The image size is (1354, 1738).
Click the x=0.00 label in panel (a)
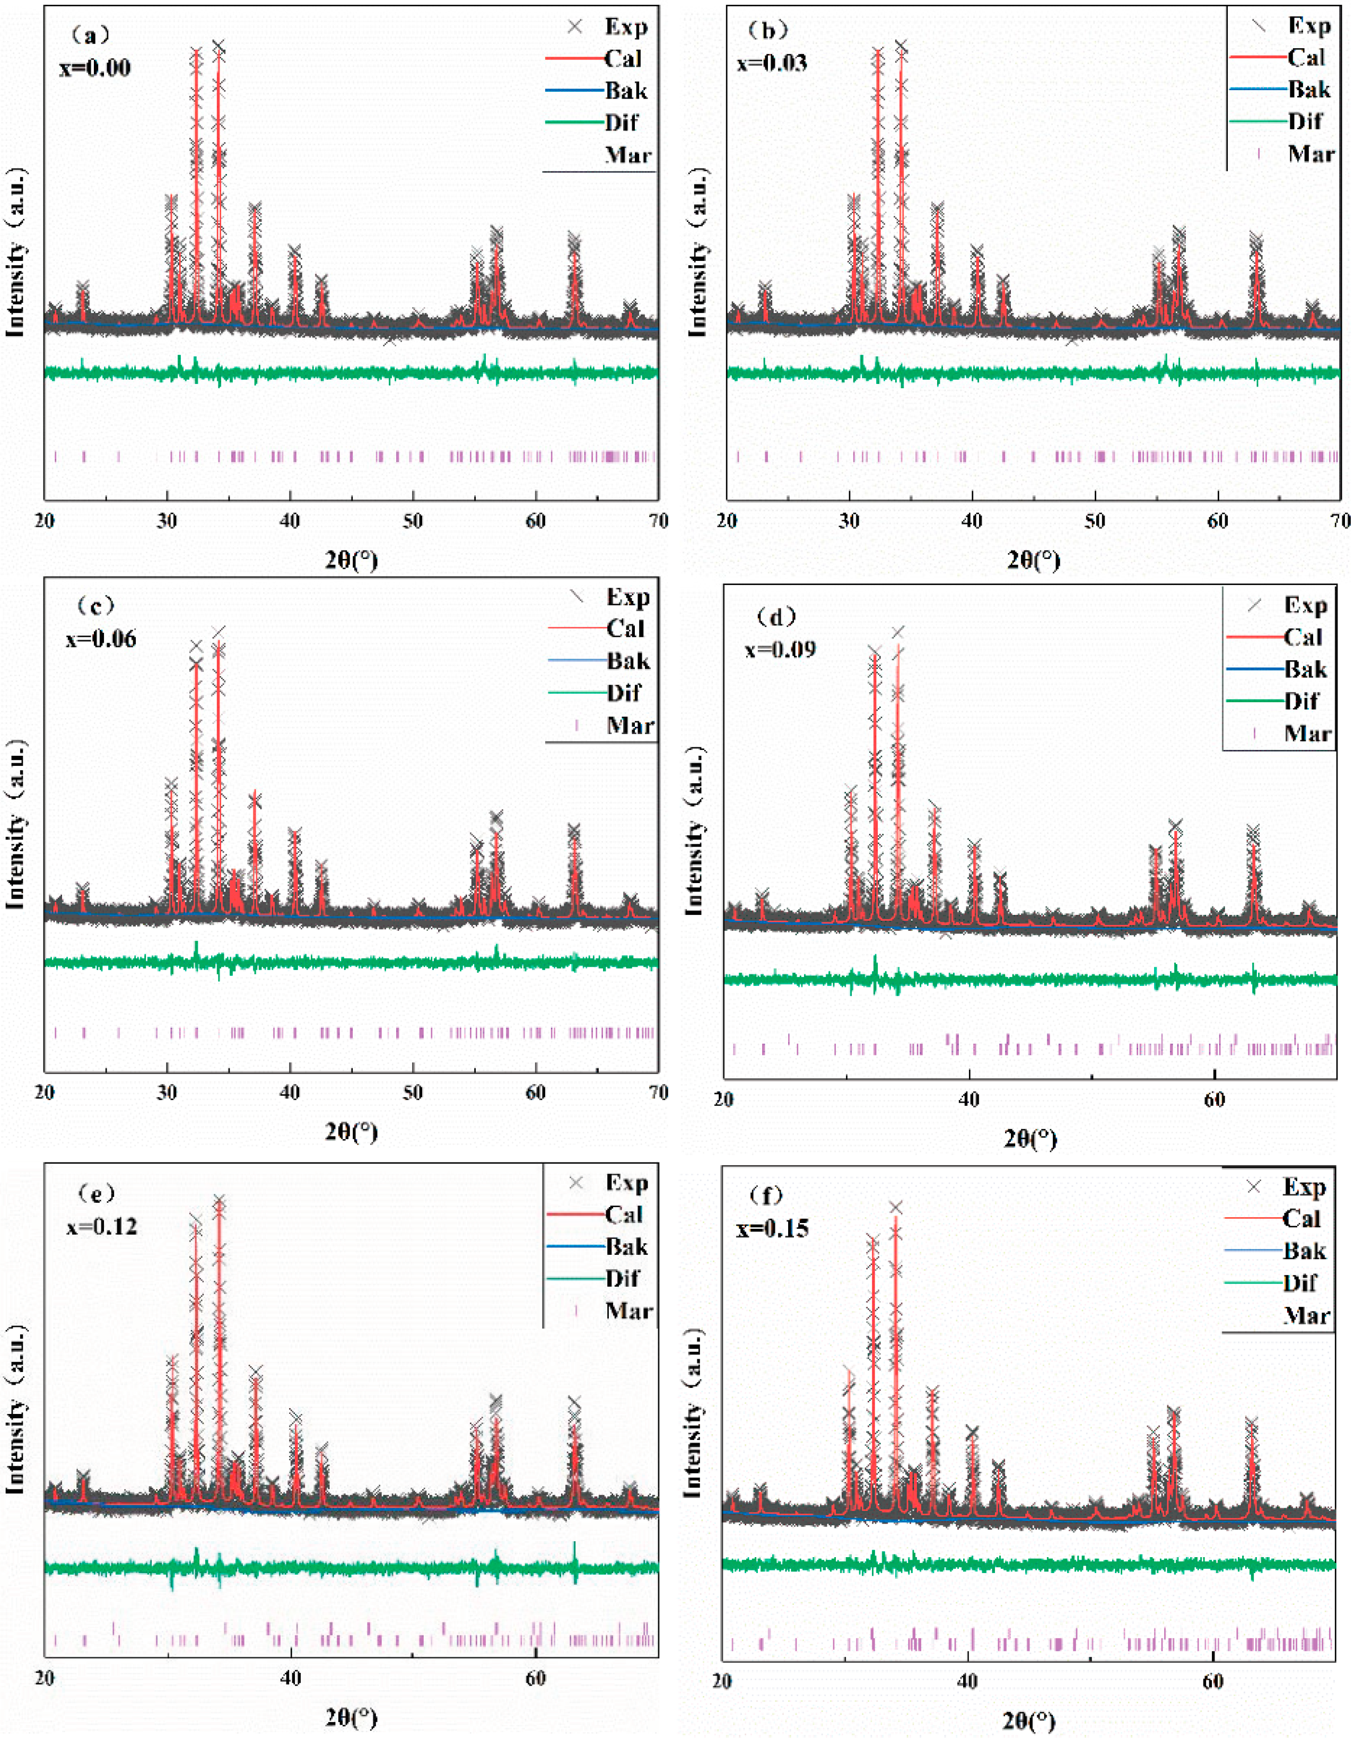[95, 68]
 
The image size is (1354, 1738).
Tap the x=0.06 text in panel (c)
[101, 639]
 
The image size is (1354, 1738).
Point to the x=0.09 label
[780, 649]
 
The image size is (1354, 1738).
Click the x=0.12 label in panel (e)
[102, 1226]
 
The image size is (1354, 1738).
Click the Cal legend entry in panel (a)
[623, 59]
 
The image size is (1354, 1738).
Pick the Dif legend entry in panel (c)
[623, 693]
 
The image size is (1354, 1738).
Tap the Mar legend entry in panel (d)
[1307, 733]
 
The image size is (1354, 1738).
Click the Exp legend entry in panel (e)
[626, 1183]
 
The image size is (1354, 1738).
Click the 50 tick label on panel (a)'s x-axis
[412, 521]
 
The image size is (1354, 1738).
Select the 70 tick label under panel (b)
[1342, 521]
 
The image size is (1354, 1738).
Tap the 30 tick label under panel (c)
[167, 1093]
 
